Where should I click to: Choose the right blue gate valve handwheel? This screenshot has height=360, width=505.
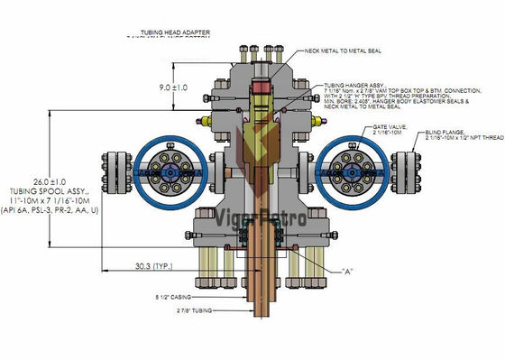click(348, 170)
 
